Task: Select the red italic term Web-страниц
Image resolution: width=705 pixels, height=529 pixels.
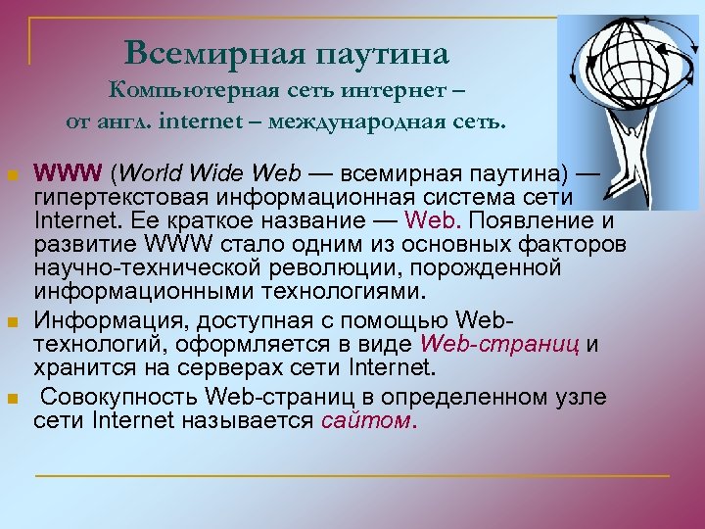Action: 501,345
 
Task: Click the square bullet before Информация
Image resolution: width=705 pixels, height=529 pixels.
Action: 12,322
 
